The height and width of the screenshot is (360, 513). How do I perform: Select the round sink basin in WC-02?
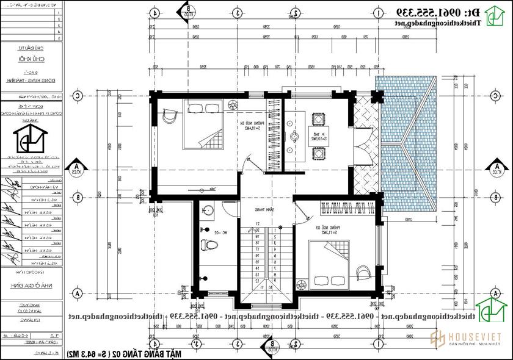pyautogui.click(x=209, y=212)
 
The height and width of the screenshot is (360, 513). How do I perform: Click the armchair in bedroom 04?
pyautogui.click(x=169, y=115)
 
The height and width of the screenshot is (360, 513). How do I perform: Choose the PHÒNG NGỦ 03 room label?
pyautogui.click(x=351, y=229)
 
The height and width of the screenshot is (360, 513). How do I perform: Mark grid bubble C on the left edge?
pyautogui.click(x=78, y=96)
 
